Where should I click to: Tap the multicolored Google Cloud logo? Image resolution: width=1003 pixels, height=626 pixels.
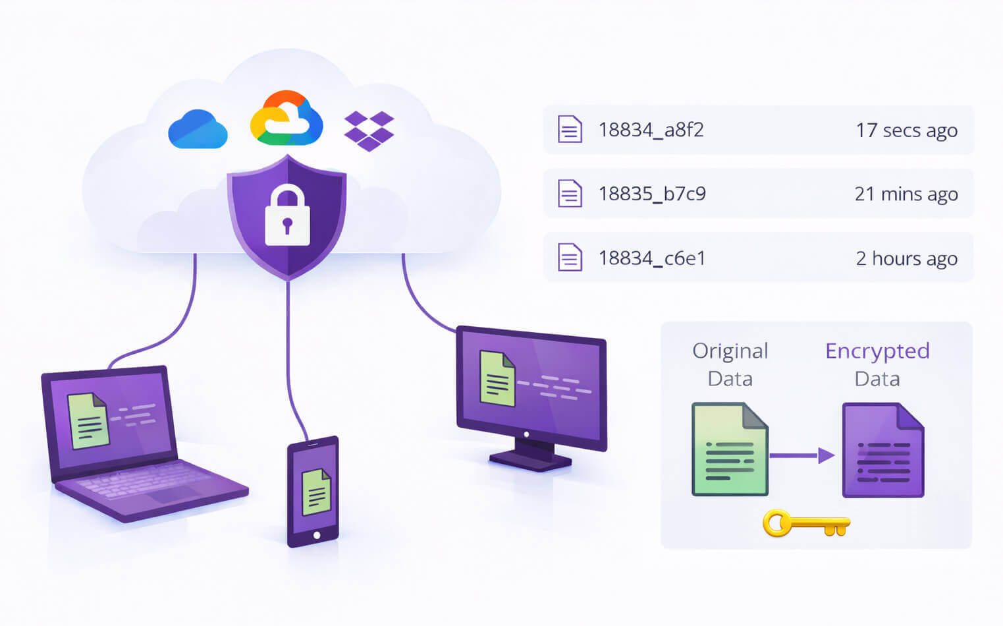286,119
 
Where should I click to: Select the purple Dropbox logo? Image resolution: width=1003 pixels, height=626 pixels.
369,130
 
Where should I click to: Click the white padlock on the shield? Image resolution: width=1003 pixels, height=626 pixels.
287,215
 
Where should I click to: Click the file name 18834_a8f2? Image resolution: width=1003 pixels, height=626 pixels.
651,130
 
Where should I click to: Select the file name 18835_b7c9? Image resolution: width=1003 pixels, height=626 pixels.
652,194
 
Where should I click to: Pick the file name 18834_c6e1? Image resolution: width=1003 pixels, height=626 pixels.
651,258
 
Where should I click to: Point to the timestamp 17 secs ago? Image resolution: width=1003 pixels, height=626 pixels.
906,130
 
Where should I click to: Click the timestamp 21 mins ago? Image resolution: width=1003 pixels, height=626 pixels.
906,194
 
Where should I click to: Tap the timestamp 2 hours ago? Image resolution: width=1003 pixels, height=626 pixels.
906,258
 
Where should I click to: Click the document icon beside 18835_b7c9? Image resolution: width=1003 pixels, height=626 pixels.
570,194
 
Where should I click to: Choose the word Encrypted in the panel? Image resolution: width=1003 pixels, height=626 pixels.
877,351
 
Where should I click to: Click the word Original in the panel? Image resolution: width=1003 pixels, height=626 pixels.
730,351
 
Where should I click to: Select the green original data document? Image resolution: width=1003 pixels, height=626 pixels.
730,449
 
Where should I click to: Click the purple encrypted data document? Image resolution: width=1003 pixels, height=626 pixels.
883,450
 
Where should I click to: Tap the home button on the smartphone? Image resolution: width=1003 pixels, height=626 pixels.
317,535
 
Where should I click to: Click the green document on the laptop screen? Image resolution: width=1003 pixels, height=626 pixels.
88,420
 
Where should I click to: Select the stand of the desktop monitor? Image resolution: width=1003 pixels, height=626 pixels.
531,454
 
